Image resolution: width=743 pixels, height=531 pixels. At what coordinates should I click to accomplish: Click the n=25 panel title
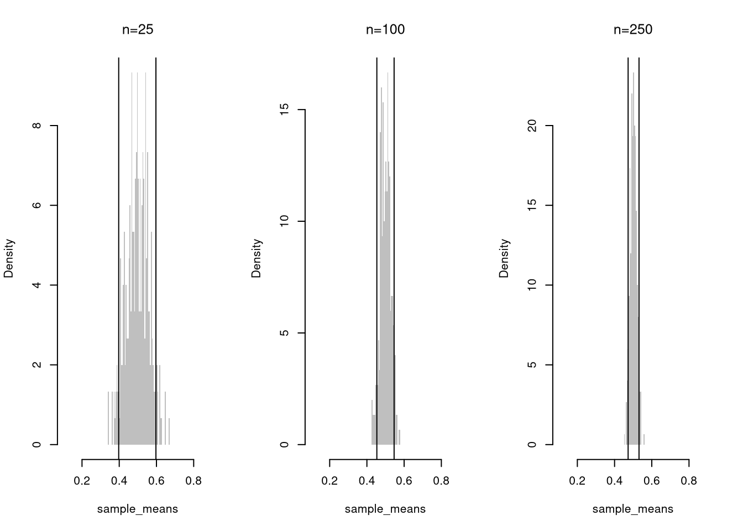pos(138,30)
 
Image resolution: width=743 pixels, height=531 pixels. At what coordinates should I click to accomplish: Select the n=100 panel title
pos(385,30)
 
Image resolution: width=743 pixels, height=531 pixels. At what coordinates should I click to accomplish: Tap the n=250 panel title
pos(633,30)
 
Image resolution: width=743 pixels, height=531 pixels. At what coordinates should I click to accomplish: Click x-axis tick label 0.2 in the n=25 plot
pos(82,481)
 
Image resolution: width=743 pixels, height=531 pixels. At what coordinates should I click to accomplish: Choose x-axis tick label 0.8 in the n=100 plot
pos(441,481)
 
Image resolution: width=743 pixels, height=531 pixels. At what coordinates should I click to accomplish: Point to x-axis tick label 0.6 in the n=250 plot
pos(652,481)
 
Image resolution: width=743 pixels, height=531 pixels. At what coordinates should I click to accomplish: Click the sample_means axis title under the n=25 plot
pos(138,509)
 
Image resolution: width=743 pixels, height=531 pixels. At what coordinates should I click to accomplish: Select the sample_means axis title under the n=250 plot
pos(633,509)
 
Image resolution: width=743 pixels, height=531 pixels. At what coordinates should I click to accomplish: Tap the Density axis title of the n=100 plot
pos(257,258)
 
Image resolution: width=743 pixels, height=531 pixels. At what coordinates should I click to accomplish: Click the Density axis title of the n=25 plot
pos(9,258)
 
